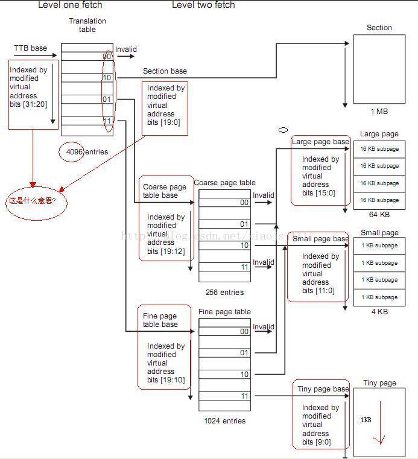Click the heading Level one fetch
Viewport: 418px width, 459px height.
[70, 5]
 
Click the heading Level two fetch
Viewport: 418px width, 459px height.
[203, 5]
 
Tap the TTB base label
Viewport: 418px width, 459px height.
[30, 48]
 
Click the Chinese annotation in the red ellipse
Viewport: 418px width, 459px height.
[32, 200]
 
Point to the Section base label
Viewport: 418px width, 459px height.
[165, 71]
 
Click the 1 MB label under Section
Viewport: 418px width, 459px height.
[379, 112]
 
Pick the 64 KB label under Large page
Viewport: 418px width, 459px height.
[379, 215]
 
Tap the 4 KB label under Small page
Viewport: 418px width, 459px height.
[379, 312]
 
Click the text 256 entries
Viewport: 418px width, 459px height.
[224, 293]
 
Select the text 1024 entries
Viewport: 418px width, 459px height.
[224, 421]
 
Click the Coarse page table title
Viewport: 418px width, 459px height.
[224, 183]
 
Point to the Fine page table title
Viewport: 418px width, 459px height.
[224, 312]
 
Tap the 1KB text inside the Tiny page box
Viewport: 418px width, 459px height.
[366, 420]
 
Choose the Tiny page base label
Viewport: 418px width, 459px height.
[323, 389]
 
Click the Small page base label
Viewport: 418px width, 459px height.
[320, 239]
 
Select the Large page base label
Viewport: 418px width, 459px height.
[320, 142]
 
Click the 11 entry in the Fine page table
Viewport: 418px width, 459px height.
[244, 396]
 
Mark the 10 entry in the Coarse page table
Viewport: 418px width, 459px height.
[244, 246]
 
